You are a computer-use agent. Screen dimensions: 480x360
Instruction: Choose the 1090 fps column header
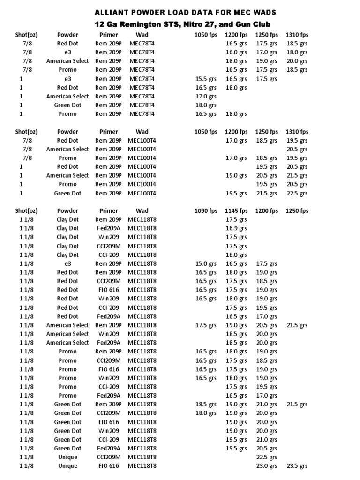click(206, 211)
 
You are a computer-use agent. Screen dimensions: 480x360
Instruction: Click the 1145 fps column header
click(236, 211)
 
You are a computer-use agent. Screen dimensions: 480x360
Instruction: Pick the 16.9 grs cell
click(236, 228)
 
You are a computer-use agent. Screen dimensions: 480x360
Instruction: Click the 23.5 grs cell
click(297, 466)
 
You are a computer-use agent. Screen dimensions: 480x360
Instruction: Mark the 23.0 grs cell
click(267, 466)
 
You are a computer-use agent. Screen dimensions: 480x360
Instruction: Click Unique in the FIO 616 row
click(67, 466)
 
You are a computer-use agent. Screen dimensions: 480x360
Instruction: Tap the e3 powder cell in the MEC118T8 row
click(67, 263)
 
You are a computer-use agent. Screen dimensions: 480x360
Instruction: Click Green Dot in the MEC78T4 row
click(67, 105)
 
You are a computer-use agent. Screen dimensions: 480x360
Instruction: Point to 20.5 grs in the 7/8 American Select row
click(297, 149)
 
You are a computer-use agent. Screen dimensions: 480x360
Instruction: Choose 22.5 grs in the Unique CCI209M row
click(267, 457)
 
